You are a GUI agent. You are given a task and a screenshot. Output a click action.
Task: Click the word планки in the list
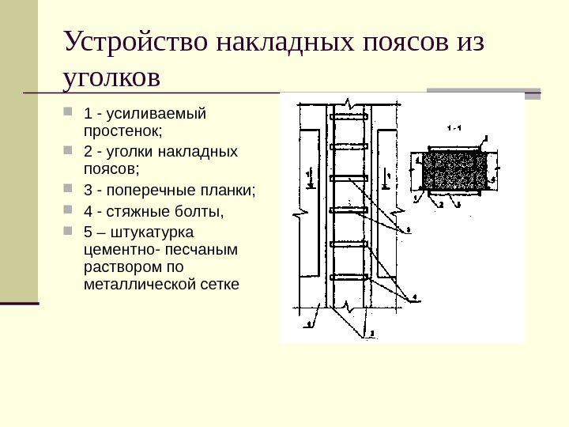230,191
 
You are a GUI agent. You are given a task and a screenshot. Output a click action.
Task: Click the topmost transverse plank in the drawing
348,118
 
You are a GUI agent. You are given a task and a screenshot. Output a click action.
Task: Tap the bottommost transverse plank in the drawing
348,277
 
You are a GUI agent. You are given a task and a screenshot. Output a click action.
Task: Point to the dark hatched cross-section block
454,170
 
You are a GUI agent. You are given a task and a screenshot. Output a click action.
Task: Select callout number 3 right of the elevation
409,230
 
